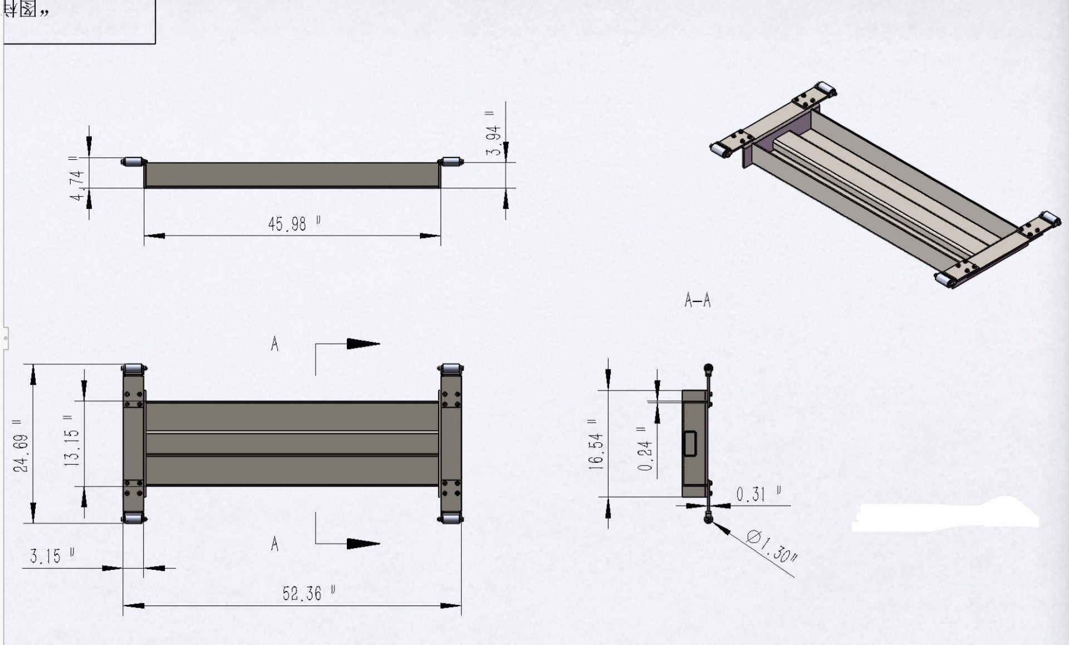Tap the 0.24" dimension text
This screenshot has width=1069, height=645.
click(645, 448)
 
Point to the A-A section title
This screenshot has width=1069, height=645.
click(698, 301)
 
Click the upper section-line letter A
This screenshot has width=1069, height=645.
click(274, 344)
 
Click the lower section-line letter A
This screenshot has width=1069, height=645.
click(274, 544)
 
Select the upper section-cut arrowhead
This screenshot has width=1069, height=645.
click(362, 344)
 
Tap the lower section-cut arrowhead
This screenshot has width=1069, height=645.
click(362, 543)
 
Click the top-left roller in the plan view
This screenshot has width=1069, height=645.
click(134, 370)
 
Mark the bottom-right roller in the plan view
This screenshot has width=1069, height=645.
click(450, 518)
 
